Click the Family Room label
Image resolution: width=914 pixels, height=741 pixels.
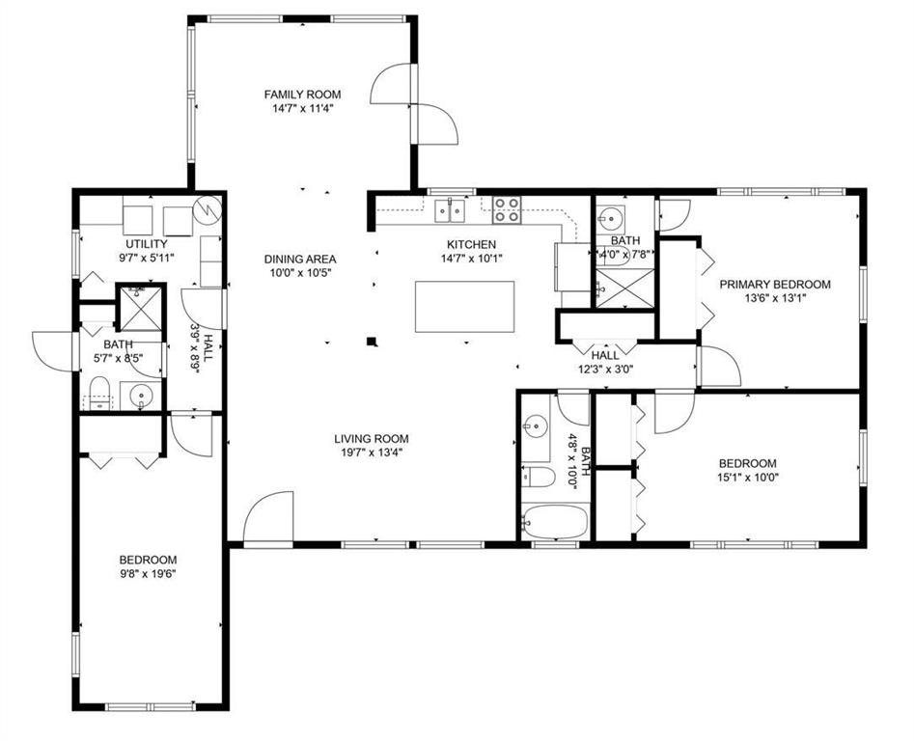pyautogui.click(x=302, y=95)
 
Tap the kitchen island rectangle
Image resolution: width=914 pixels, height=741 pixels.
pyautogui.click(x=464, y=307)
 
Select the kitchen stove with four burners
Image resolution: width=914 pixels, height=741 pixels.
pyautogui.click(x=507, y=209)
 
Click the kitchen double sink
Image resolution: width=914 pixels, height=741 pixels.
pyautogui.click(x=450, y=210)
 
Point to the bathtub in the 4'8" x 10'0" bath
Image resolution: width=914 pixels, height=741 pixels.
pyautogui.click(x=555, y=521)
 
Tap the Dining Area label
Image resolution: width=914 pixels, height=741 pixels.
pyautogui.click(x=300, y=260)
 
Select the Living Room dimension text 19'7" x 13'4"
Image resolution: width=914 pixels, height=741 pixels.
pyautogui.click(x=372, y=453)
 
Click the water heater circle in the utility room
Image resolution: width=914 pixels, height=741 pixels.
pyautogui.click(x=208, y=209)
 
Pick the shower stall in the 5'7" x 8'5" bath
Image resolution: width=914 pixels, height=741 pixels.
pyautogui.click(x=140, y=307)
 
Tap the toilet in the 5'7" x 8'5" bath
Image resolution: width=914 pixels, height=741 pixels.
pyautogui.click(x=100, y=394)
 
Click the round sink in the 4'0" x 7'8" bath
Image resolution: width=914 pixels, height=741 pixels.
pyautogui.click(x=611, y=219)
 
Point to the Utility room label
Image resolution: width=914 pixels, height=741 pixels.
pyautogui.click(x=147, y=244)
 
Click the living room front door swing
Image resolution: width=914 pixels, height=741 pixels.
pyautogui.click(x=267, y=516)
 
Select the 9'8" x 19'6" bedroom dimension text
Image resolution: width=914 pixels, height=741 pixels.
pyautogui.click(x=148, y=574)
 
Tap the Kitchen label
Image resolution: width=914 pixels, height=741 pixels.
pyautogui.click(x=472, y=245)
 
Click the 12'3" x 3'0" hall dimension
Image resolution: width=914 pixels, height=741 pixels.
pyautogui.click(x=606, y=369)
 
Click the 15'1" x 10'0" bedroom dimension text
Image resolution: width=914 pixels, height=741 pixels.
pyautogui.click(x=748, y=477)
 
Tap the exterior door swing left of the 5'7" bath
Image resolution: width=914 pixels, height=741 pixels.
pyautogui.click(x=52, y=350)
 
